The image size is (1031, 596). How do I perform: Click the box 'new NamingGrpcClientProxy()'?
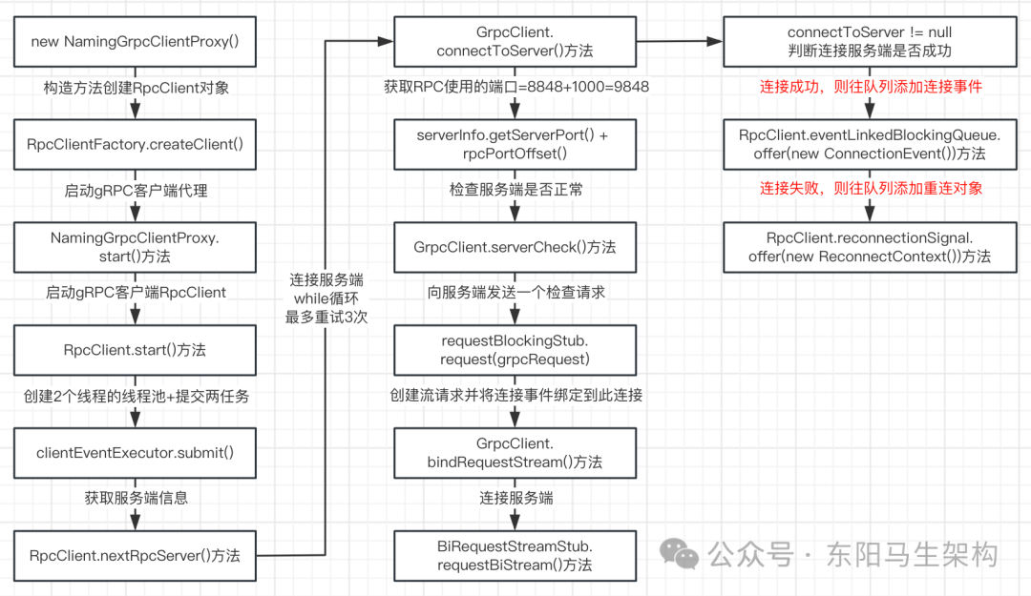click(x=136, y=42)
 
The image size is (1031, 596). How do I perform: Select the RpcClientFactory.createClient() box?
click(x=136, y=144)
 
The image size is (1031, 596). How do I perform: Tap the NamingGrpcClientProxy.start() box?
click(x=136, y=247)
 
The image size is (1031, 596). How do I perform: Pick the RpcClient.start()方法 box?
click(x=136, y=350)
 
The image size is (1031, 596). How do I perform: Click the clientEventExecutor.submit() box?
click(x=136, y=453)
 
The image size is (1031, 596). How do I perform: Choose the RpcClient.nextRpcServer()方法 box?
click(x=136, y=556)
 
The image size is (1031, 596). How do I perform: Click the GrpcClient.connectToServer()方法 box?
click(x=515, y=42)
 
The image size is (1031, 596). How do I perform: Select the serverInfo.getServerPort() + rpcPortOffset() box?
click(x=515, y=144)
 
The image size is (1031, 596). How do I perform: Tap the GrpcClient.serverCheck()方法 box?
click(x=515, y=247)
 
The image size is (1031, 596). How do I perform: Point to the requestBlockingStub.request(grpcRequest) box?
click(x=515, y=350)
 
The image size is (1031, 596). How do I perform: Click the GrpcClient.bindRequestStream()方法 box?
click(x=515, y=453)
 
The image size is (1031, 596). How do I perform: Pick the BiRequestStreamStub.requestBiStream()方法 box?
click(x=515, y=556)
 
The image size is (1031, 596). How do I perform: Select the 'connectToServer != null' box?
click(x=870, y=42)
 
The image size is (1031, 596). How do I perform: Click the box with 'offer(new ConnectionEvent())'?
click(x=870, y=144)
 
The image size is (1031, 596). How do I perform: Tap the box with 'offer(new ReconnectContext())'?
click(x=870, y=247)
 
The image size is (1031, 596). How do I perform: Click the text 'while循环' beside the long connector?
click(x=326, y=299)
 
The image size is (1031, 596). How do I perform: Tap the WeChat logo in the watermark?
click(x=682, y=552)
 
